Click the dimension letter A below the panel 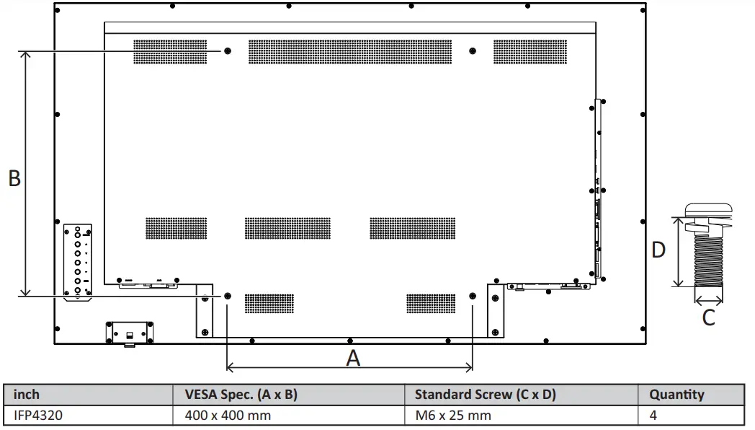coord(353,357)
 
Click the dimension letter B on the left coord(14,178)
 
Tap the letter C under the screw coord(709,317)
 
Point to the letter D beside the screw coord(658,250)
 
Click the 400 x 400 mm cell coord(228,416)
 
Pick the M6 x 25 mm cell coord(453,416)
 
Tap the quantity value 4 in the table coord(653,416)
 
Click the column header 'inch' coord(27,395)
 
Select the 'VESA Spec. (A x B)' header coord(241,395)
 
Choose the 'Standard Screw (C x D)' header coord(485,395)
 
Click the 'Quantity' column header coord(676,395)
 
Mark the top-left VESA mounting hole coord(228,51)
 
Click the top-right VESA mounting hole coord(473,51)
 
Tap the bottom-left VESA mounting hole coord(228,297)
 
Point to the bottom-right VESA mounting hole coord(473,297)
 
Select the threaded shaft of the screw coord(709,260)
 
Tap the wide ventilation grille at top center coord(350,51)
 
